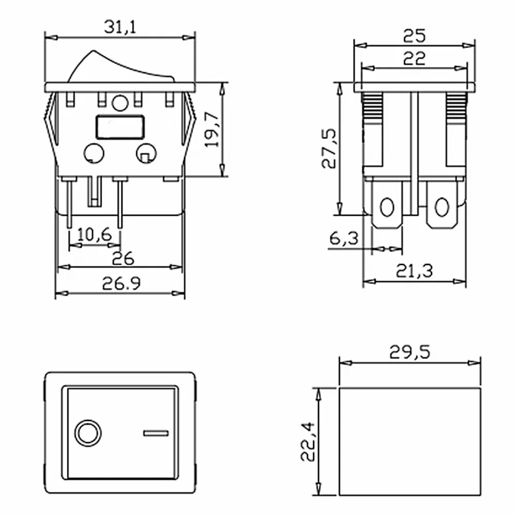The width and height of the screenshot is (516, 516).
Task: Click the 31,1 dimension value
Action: point(120,27)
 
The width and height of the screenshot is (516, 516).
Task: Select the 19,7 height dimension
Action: point(212,130)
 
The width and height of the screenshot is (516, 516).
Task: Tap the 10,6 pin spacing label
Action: point(94,235)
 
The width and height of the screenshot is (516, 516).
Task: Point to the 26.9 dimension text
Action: point(121,283)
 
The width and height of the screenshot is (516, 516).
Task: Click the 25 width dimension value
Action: point(414,36)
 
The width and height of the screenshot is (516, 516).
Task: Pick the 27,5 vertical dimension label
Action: point(329,148)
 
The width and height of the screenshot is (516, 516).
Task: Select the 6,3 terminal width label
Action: point(344,238)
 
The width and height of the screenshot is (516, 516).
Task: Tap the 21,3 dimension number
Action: point(414,271)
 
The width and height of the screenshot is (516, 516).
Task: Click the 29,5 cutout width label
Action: point(410,352)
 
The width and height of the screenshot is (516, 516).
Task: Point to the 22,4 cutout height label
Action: point(309,442)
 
